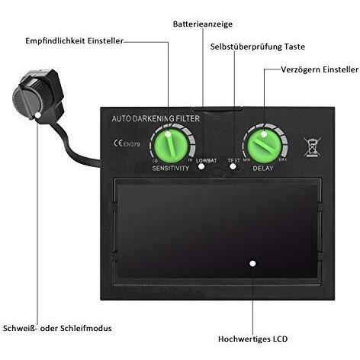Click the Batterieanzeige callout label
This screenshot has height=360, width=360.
[203, 24]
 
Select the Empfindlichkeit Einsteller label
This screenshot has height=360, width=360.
[74, 41]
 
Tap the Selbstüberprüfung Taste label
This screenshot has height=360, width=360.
[258, 47]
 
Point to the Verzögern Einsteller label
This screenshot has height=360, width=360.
[320, 69]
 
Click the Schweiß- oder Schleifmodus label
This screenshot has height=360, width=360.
[57, 328]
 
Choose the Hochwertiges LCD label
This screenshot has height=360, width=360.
[252, 339]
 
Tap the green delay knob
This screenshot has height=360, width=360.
[264, 146]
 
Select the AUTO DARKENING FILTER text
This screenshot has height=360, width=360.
[156, 118]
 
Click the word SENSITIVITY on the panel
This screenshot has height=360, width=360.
[171, 168]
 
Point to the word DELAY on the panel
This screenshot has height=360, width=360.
[263, 169]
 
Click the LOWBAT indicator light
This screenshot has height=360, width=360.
[201, 167]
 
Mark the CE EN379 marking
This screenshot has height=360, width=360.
[127, 143]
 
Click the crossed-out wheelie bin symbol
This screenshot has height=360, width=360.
[313, 147]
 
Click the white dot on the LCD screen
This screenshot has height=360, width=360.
[252, 264]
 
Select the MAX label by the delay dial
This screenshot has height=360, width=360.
[283, 160]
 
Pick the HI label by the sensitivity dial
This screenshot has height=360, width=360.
[190, 160]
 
